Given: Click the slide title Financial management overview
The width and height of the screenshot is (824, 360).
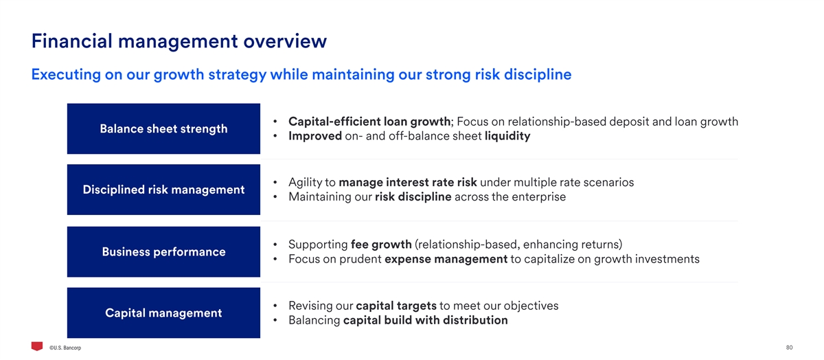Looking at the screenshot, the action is (x=179, y=41).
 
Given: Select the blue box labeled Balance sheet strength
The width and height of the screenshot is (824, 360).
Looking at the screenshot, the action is (x=163, y=128).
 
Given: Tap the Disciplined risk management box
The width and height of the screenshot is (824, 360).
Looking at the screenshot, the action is (x=163, y=190).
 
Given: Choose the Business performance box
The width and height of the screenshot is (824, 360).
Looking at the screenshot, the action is (x=163, y=251).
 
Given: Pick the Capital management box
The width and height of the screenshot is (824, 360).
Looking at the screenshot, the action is (x=163, y=313).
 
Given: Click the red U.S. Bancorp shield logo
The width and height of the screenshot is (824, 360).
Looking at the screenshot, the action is (x=37, y=346).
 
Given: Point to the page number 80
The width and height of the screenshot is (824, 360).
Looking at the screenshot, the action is (x=789, y=348).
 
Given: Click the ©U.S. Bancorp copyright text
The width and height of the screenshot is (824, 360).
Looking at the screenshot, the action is (x=65, y=348).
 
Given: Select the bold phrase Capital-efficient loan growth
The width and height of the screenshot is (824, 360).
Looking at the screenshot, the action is (x=369, y=122).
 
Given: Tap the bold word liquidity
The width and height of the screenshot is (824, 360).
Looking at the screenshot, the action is (x=507, y=136).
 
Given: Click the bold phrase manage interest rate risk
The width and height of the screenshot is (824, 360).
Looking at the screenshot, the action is (x=408, y=182).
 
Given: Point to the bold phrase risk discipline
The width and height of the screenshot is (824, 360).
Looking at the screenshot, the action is (x=413, y=197).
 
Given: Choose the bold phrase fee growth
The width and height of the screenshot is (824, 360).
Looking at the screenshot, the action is (x=381, y=245).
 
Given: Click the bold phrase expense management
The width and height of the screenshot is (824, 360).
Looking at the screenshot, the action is (x=446, y=259).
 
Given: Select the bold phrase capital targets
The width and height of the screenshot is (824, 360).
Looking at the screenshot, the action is (x=396, y=306).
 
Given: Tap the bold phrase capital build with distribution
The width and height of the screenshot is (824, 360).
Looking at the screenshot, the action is (x=425, y=320).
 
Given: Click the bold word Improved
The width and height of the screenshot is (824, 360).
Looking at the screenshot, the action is (x=315, y=136).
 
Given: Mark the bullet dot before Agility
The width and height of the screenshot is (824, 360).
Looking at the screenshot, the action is (x=275, y=182).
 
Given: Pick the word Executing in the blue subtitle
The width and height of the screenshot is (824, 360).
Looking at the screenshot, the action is (x=66, y=75).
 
